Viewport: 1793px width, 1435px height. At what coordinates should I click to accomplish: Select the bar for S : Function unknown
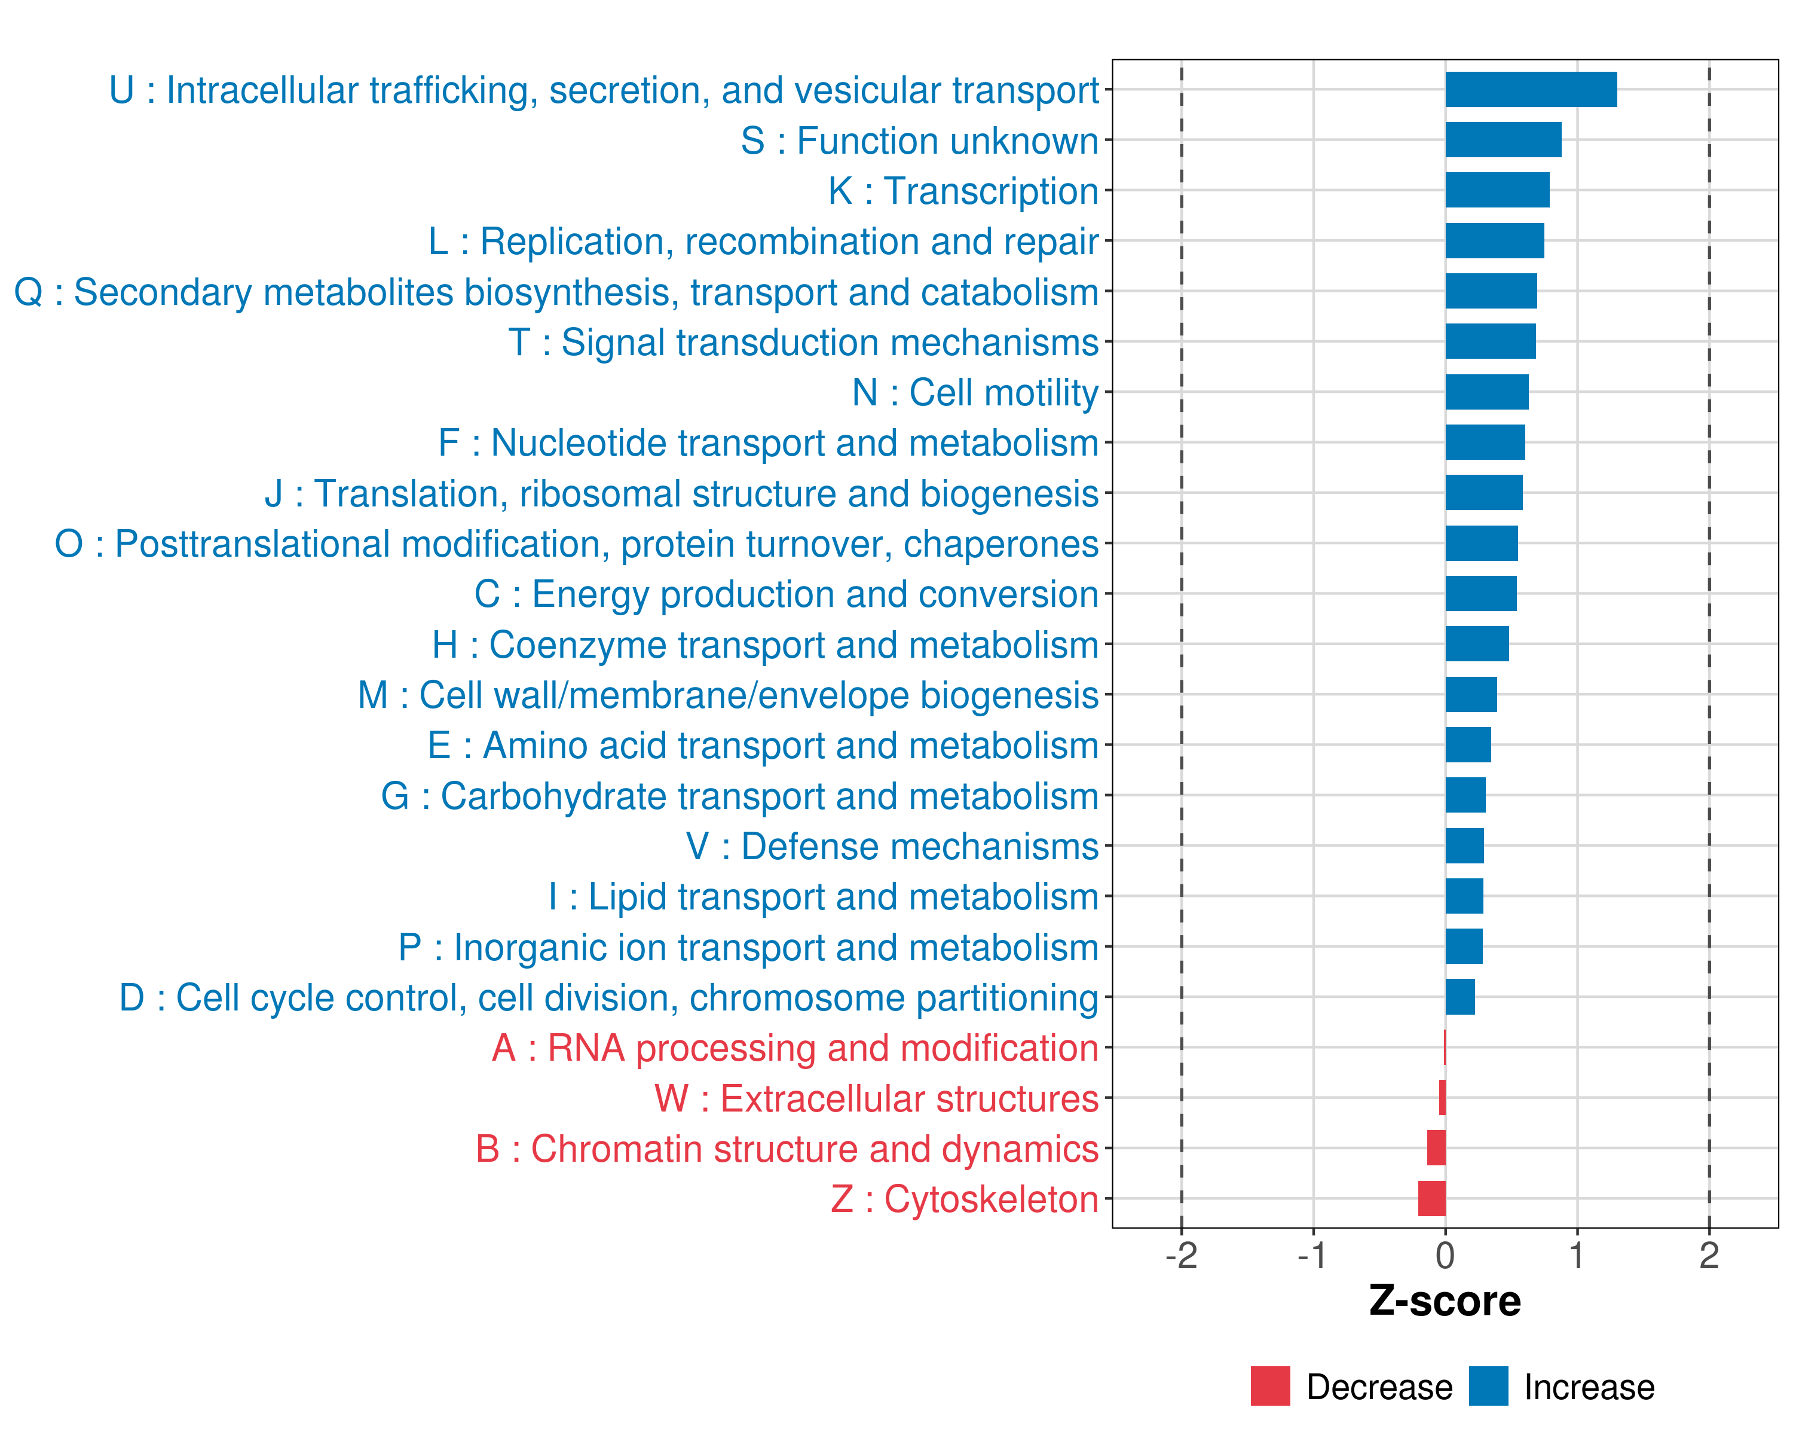(x=1503, y=140)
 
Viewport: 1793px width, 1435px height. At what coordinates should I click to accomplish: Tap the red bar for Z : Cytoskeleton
(x=1431, y=1199)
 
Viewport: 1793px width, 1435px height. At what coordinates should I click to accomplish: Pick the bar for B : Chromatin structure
(x=1436, y=1148)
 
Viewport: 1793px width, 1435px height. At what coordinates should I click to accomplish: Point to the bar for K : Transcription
(x=1497, y=191)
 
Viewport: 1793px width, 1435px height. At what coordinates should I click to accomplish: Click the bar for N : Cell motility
(x=1486, y=392)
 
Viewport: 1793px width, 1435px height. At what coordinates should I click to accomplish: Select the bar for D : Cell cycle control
(x=1460, y=997)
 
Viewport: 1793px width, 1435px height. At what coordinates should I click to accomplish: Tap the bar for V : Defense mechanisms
(x=1464, y=846)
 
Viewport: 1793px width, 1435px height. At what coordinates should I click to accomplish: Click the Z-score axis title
(x=1445, y=1301)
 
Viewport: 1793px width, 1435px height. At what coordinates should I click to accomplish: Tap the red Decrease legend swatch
(x=1270, y=1386)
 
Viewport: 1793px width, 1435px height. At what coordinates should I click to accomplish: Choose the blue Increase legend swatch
(x=1488, y=1386)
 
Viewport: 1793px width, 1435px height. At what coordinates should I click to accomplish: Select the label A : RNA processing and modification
(x=795, y=1048)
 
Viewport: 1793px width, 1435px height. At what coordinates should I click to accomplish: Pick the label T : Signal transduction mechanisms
(x=803, y=343)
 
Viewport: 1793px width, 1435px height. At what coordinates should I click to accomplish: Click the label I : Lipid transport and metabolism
(x=824, y=897)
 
